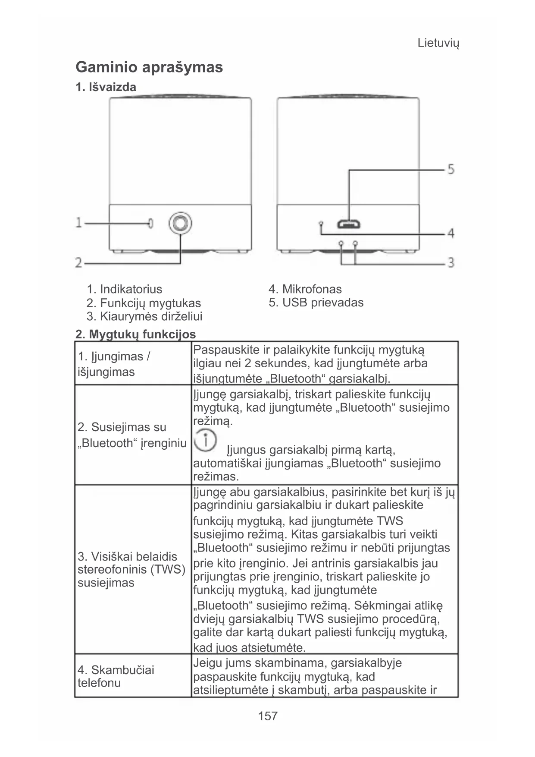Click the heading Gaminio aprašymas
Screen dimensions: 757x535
[x=149, y=67]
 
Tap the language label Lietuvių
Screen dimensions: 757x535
[x=438, y=43]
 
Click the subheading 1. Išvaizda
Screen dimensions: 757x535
[x=106, y=87]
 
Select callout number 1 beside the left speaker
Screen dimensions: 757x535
[x=79, y=223]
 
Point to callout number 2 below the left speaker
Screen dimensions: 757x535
[x=79, y=262]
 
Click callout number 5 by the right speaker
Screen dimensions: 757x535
[x=451, y=169]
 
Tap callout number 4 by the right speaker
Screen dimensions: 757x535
[x=451, y=233]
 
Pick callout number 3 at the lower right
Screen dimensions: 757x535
[x=451, y=262]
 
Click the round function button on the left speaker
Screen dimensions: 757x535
[x=180, y=223]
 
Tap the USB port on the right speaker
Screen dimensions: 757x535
[x=349, y=224]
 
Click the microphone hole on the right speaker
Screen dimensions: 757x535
[x=321, y=224]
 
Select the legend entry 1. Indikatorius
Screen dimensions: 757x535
[x=125, y=289]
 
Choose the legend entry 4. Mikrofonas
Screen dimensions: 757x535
[x=305, y=289]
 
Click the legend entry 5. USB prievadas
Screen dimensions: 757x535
[x=316, y=303]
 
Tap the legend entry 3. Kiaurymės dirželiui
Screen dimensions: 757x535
[x=144, y=316]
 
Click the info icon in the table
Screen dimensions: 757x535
[x=205, y=440]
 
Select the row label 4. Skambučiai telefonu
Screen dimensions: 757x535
[x=116, y=676]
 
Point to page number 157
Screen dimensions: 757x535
[x=267, y=716]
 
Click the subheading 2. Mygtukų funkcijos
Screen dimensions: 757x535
[x=135, y=334]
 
